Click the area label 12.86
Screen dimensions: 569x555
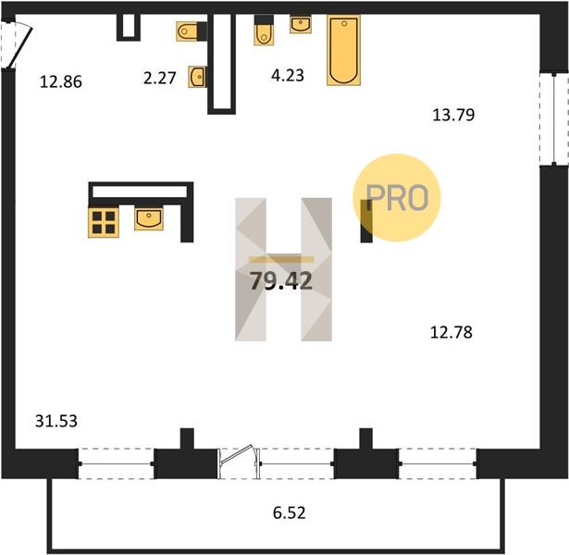click(61, 81)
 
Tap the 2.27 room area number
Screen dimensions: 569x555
click(160, 78)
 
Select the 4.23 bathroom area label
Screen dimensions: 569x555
click(288, 75)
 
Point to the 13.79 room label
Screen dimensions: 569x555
click(453, 115)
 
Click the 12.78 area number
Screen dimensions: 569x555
click(451, 332)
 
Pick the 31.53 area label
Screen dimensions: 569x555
click(56, 421)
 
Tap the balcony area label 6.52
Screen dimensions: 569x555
click(290, 512)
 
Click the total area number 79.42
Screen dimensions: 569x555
click(281, 281)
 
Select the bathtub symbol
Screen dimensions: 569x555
click(343, 50)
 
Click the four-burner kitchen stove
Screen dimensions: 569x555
click(104, 222)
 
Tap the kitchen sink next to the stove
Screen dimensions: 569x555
click(149, 217)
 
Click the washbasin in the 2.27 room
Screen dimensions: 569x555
click(198, 77)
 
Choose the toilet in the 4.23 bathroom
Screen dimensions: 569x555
click(264, 31)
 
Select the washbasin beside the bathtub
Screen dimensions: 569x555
click(301, 24)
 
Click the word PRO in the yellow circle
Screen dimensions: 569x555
click(397, 198)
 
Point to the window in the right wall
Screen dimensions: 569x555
click(554, 119)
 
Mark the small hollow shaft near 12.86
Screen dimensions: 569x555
click(129, 27)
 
